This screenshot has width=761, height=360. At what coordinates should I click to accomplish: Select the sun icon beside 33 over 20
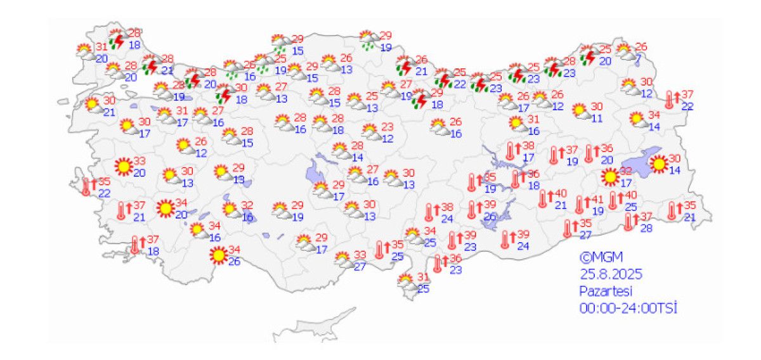124,167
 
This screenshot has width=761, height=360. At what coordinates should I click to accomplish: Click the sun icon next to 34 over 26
219,255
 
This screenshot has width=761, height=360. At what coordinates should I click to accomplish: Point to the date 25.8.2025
611,274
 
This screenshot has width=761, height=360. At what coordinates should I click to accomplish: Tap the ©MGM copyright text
601,258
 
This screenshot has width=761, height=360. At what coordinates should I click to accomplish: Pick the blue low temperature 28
646,228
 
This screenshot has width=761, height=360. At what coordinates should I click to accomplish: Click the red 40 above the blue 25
630,195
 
